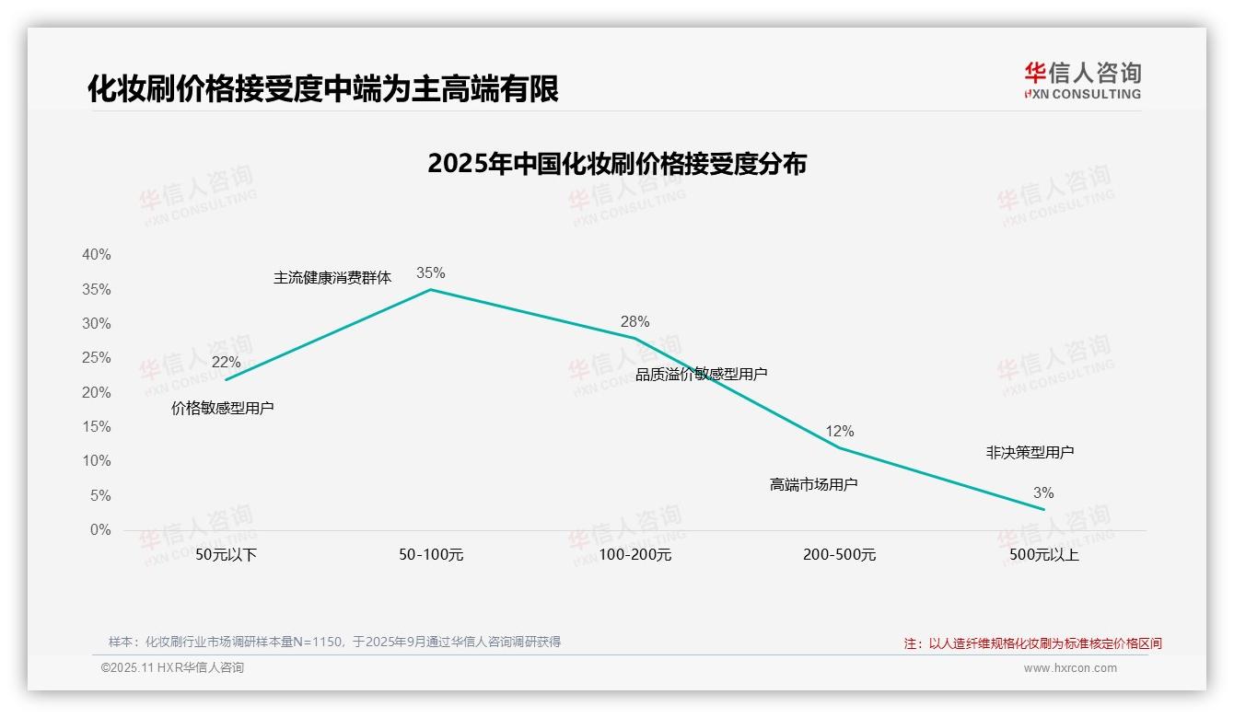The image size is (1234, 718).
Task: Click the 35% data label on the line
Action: pyautogui.click(x=430, y=272)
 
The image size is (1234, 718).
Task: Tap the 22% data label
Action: pyautogui.click(x=226, y=362)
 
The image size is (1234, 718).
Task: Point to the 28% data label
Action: pyautogui.click(x=634, y=321)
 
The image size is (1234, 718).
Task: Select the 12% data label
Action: pyautogui.click(x=839, y=431)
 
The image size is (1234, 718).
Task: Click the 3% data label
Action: pyautogui.click(x=1043, y=492)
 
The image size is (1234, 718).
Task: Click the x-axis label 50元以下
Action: pyautogui.click(x=226, y=555)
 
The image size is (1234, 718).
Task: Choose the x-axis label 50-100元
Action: pyautogui.click(x=431, y=555)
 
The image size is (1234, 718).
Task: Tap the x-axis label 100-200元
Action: pyautogui.click(x=635, y=555)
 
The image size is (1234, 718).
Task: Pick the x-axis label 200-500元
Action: pyautogui.click(x=839, y=555)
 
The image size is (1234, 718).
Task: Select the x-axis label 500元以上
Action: pyautogui.click(x=1043, y=555)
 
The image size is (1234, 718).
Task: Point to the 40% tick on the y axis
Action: pyautogui.click(x=96, y=254)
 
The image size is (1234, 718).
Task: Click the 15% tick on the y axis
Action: pyautogui.click(x=96, y=426)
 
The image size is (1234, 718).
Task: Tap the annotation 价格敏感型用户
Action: pyautogui.click(x=223, y=408)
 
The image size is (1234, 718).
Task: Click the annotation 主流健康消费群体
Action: pyautogui.click(x=332, y=277)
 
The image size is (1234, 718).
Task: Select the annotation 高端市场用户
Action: pyautogui.click(x=813, y=483)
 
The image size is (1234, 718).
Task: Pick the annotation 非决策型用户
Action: pyautogui.click(x=1030, y=452)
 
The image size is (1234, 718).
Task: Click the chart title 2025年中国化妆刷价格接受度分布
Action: pyautogui.click(x=617, y=164)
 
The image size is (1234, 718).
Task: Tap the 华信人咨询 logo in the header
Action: pyautogui.click(x=1082, y=80)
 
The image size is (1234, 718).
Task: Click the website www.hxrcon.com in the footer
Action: pyautogui.click(x=1070, y=668)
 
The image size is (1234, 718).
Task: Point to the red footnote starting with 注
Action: pyautogui.click(x=1032, y=643)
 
